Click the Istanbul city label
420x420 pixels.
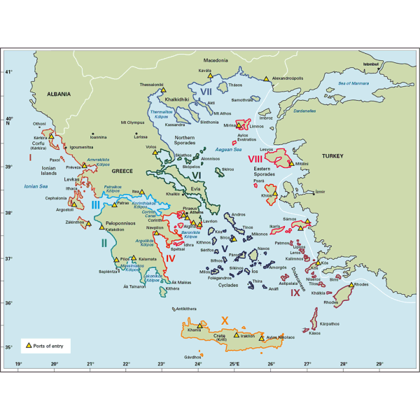[370, 64]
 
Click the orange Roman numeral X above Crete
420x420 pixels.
[223, 319]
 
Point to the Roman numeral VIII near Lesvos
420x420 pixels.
[255, 159]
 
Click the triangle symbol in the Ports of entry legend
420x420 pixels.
[29, 345]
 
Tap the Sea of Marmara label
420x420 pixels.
[333, 83]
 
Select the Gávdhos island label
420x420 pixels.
[193, 357]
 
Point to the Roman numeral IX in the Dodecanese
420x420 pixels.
[297, 293]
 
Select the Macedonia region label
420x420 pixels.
[217, 61]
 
